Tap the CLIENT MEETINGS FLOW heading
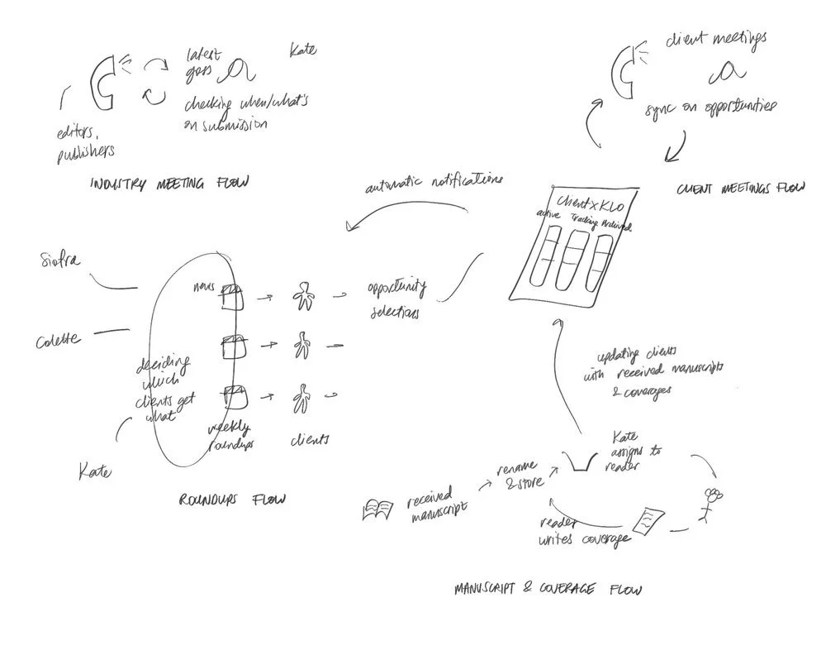pyautogui.click(x=738, y=189)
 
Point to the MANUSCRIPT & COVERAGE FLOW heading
pyautogui.click(x=548, y=590)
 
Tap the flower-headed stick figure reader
pyautogui.click(x=712, y=503)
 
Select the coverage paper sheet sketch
pyautogui.click(x=646, y=519)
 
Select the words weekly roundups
pyautogui.click(x=224, y=433)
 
